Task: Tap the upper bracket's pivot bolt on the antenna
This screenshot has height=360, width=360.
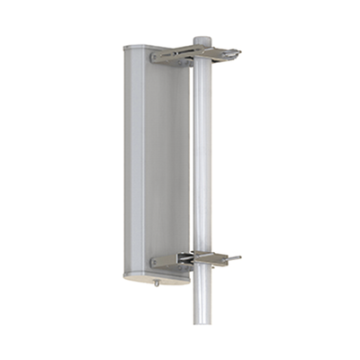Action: pyautogui.click(x=156, y=58)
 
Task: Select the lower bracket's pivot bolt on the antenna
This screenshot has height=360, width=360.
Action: pyautogui.click(x=155, y=262)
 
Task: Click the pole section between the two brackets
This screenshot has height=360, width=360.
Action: pyautogui.click(x=203, y=162)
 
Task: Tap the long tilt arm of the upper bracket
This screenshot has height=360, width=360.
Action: pyautogui.click(x=184, y=55)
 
